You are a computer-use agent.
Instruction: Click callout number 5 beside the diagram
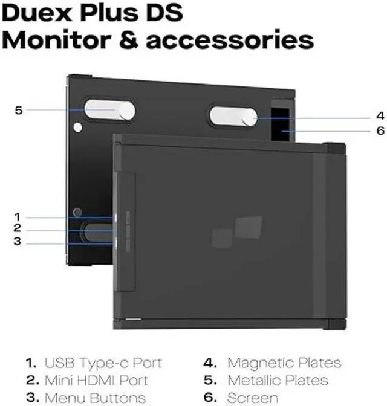point(19,110)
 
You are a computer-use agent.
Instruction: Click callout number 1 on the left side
point(18,216)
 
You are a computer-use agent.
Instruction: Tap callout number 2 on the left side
point(18,228)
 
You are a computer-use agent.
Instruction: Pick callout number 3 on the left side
point(18,242)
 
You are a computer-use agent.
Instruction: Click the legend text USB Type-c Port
point(103,363)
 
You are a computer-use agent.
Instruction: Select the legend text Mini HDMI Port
point(96,381)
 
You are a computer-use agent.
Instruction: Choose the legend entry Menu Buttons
point(96,398)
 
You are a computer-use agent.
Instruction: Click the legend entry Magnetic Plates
point(284,363)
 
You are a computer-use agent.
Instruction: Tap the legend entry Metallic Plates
point(278,381)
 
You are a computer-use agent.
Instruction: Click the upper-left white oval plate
point(109,111)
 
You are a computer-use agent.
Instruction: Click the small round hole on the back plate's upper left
point(76,127)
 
